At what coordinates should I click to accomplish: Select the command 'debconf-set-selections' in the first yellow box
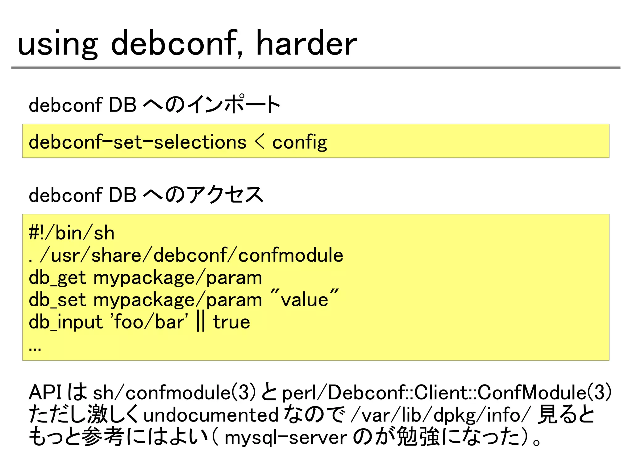coord(137,142)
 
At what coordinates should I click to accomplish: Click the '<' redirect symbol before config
coord(260,142)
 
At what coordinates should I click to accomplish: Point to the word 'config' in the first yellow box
coord(299,143)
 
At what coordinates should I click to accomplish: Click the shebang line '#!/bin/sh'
coord(71,233)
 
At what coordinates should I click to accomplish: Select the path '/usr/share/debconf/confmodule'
coord(191,255)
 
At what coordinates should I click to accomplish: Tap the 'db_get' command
coord(57,278)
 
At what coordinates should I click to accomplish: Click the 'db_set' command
coord(57,300)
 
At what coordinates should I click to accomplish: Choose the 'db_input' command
coord(65,323)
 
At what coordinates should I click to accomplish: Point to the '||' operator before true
coord(201,322)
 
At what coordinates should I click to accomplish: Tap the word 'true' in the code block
coord(231,323)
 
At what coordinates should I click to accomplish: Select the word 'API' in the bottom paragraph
coord(45,393)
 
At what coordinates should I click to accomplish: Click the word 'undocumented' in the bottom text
coord(211,415)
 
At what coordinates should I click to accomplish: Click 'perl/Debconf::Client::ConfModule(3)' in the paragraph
coord(446,393)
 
